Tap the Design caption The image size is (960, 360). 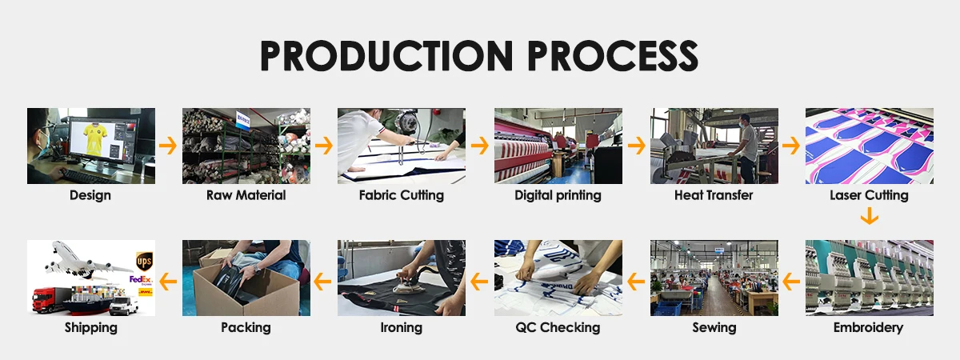[90, 195]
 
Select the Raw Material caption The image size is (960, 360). [246, 195]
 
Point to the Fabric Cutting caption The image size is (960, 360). [401, 195]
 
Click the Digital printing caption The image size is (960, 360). [558, 195]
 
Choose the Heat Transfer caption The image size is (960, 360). [714, 195]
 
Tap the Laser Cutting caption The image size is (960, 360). [869, 195]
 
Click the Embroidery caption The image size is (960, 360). [868, 327]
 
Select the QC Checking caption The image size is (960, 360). [558, 327]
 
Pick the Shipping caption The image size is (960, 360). [90, 327]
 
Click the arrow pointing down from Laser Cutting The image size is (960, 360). [870, 218]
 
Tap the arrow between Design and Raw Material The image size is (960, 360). [168, 146]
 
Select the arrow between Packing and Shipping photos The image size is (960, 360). [168, 280]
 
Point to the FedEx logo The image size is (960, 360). [141, 280]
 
